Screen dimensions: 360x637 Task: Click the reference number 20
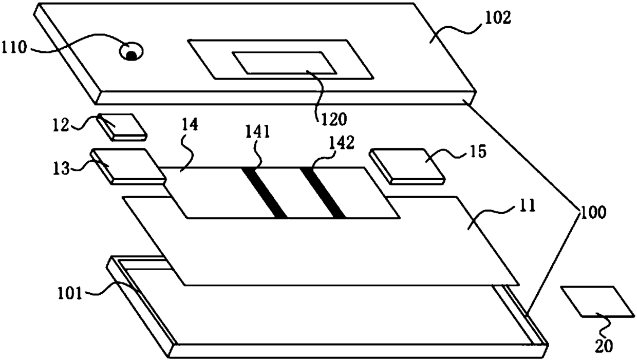coord(604,347)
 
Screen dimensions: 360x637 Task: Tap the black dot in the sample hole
coord(132,55)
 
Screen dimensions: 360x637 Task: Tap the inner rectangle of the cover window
coord(284,63)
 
